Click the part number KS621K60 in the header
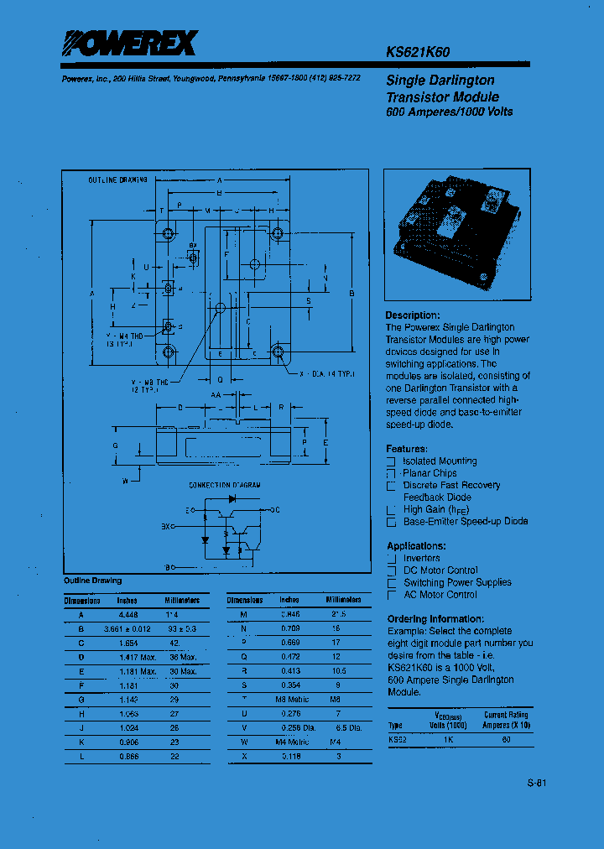tap(417, 52)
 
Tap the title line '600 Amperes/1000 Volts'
tap(449, 112)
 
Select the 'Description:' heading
tap(413, 315)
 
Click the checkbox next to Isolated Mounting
tap(391, 461)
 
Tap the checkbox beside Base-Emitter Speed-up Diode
tap(391, 522)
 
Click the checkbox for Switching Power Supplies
tap(391, 583)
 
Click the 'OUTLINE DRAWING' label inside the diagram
tap(117, 180)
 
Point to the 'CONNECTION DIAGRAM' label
tap(224, 486)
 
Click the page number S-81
tap(537, 784)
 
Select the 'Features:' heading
tap(406, 449)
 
